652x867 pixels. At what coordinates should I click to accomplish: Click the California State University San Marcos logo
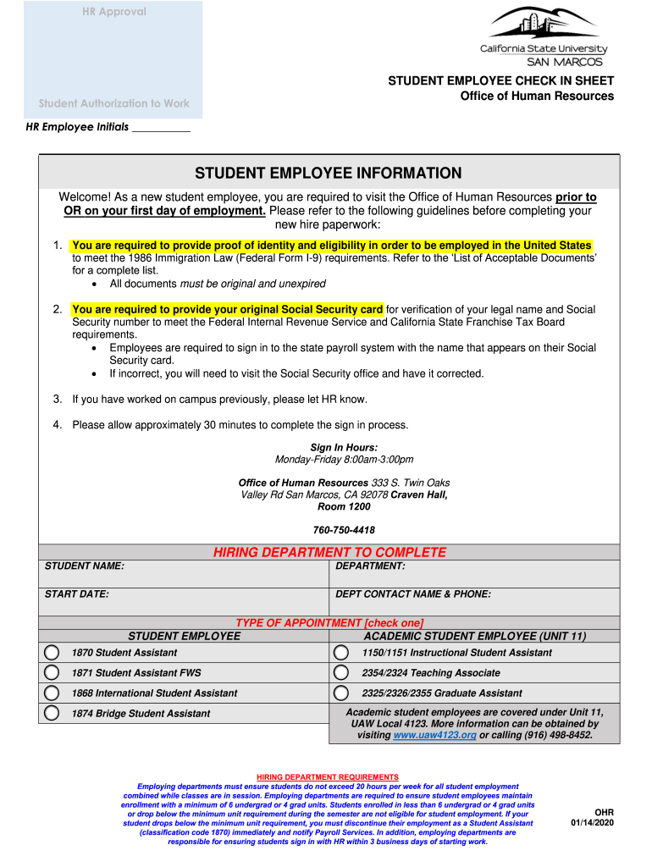pos(542,36)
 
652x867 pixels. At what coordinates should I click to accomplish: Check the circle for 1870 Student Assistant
pos(52,653)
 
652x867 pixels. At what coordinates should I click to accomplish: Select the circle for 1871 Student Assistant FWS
pos(52,673)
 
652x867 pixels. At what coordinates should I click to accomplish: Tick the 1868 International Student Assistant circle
pos(52,693)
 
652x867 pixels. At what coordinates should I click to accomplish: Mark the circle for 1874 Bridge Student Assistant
pos(52,714)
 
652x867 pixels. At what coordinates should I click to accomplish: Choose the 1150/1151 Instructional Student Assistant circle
pos(340,653)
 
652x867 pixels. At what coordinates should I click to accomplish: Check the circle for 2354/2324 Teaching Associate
pos(340,673)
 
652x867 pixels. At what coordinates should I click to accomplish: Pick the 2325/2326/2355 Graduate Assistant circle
pos(340,693)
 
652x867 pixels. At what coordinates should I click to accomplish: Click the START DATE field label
pos(77,594)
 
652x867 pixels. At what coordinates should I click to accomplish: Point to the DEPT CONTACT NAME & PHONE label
pos(413,594)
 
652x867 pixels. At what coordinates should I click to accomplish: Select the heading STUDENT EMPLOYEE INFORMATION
pos(329,174)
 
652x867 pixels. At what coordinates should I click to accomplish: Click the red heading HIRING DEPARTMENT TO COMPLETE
pos(329,552)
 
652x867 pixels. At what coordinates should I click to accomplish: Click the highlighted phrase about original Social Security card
pos(227,309)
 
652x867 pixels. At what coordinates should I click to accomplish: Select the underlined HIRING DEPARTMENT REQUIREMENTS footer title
pos(327,777)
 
